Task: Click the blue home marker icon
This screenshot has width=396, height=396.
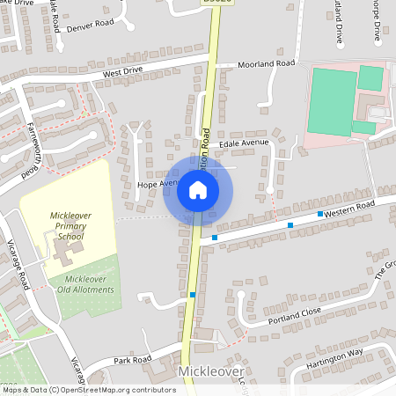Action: pos(198,190)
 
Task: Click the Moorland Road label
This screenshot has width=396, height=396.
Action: pos(267,64)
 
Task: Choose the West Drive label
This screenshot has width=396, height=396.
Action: pos(121,74)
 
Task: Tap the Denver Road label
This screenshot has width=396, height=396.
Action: pos(90,26)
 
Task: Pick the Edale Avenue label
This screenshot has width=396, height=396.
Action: pos(243,143)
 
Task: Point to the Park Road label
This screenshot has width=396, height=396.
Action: pos(132,359)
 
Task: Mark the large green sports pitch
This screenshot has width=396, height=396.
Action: pos(334,101)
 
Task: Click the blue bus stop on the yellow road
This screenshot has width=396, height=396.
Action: pos(193,295)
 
